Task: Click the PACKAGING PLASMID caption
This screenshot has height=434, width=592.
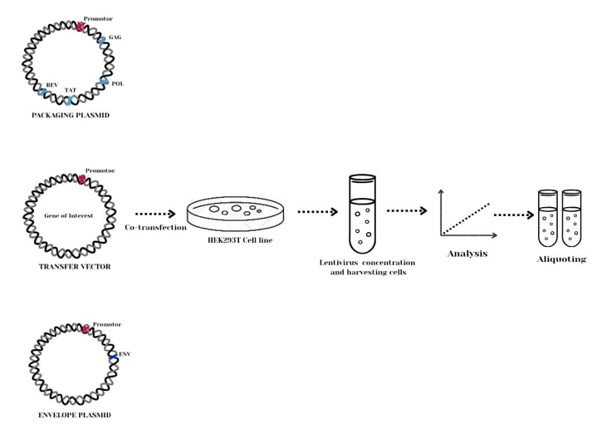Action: point(71,116)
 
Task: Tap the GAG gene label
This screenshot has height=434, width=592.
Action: point(115,38)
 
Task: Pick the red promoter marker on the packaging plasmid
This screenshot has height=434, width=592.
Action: point(80,26)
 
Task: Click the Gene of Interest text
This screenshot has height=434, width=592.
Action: point(67,215)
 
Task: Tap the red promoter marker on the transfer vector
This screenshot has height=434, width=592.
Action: point(81,179)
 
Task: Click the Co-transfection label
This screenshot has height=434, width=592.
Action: point(155,227)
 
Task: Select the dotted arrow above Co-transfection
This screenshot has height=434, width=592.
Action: point(154,214)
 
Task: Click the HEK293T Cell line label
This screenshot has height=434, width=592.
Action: point(242,239)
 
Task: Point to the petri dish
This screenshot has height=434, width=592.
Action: point(241,214)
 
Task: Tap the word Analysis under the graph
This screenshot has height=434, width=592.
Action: point(467,253)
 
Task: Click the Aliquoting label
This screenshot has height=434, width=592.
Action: point(561,259)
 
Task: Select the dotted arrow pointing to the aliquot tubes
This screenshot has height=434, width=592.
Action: point(513,215)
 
